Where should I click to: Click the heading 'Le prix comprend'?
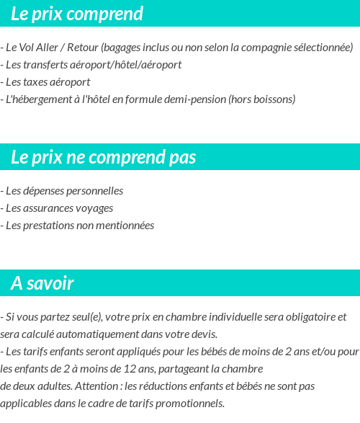(77, 14)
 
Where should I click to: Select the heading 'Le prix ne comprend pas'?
(104, 157)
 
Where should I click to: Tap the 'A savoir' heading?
(42, 283)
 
